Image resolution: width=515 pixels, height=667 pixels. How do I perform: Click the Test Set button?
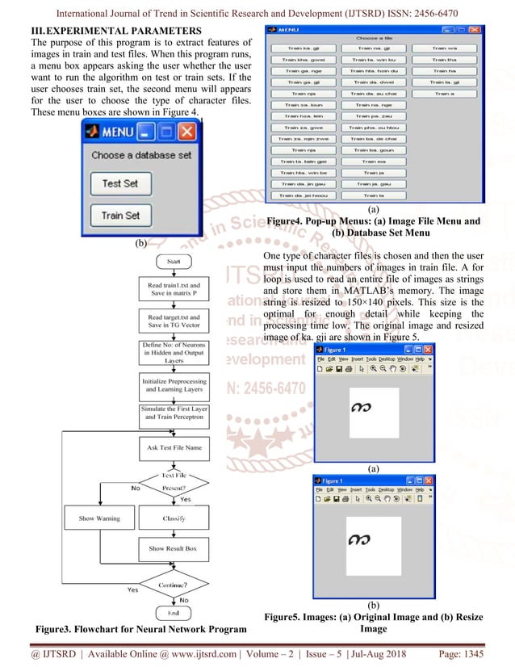(x=119, y=183)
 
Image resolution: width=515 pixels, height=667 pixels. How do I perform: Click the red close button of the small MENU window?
(x=186, y=131)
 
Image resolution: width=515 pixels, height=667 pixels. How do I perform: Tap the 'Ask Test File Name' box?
(x=174, y=447)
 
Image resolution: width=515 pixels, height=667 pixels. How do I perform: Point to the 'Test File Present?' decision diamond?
(x=174, y=482)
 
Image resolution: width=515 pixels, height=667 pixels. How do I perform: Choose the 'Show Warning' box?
(x=99, y=518)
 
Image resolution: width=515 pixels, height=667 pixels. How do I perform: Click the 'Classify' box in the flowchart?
(x=174, y=518)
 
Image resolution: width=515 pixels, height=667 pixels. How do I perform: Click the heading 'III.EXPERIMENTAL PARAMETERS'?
(x=104, y=30)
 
